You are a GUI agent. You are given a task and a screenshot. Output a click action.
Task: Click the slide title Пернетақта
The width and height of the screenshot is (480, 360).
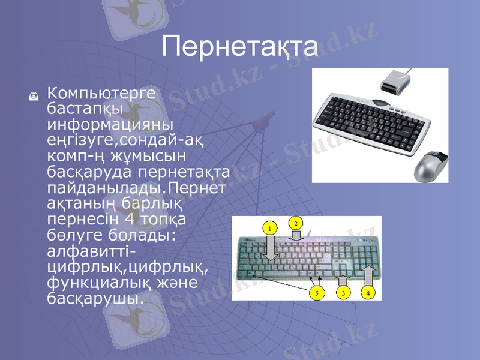(x=240, y=46)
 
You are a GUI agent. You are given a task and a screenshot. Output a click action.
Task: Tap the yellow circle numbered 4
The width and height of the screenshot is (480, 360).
(x=369, y=293)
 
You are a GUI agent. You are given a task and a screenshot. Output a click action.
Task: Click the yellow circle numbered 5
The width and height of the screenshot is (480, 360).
(x=315, y=293)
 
